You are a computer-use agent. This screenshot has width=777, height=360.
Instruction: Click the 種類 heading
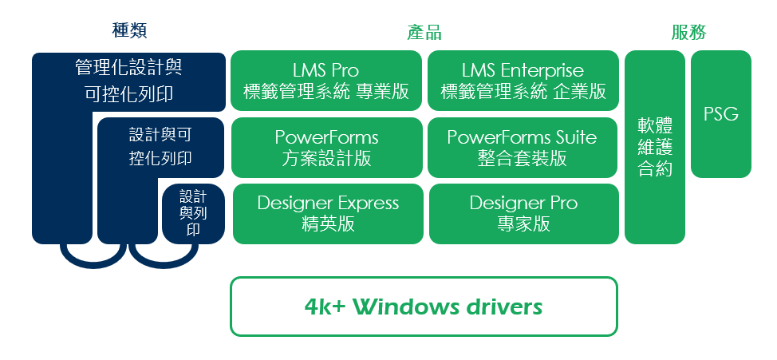130,31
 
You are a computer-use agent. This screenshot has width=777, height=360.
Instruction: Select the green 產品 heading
424,32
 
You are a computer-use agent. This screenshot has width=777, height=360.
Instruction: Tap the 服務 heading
688,32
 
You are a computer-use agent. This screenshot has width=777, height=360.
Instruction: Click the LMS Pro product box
326,81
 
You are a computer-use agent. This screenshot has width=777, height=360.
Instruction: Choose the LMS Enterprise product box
523,81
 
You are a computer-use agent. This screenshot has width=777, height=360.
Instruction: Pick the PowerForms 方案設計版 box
326,148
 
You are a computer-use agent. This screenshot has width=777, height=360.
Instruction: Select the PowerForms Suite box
523,148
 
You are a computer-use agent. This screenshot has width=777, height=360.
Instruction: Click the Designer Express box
328,213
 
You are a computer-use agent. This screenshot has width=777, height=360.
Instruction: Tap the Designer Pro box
523,213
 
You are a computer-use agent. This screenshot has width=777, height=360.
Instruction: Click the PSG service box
721,114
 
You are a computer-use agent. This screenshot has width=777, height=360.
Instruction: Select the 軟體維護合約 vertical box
655,147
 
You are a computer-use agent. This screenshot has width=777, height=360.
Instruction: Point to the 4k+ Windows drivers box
424,307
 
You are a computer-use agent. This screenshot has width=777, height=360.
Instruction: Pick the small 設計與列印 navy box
193,213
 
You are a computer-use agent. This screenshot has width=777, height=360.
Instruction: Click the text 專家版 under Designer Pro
523,224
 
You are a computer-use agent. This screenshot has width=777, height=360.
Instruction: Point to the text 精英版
328,224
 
